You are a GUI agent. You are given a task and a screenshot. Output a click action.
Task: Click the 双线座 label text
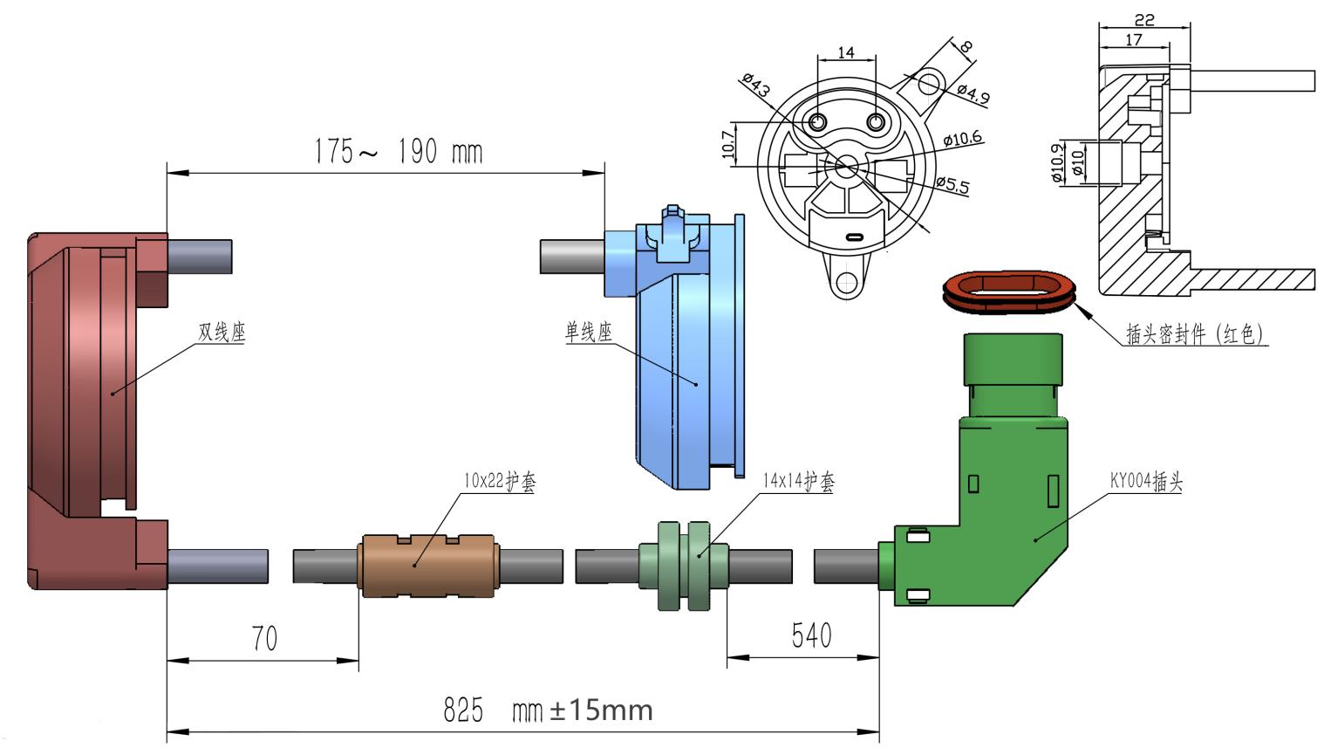point(222,332)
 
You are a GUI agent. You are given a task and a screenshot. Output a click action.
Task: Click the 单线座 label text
point(588,332)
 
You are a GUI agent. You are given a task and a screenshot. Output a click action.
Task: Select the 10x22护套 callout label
point(500,481)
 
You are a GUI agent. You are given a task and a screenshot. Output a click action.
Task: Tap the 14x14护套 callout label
point(799,481)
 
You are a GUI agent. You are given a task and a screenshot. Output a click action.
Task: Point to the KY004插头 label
point(1146,481)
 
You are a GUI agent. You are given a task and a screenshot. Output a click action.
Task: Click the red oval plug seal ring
point(1009,292)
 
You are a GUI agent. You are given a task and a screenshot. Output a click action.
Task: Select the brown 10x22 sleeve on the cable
point(427,566)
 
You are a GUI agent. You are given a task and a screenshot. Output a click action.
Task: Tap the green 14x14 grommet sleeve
point(684,566)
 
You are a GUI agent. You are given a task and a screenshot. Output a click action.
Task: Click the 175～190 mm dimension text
point(398,151)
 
